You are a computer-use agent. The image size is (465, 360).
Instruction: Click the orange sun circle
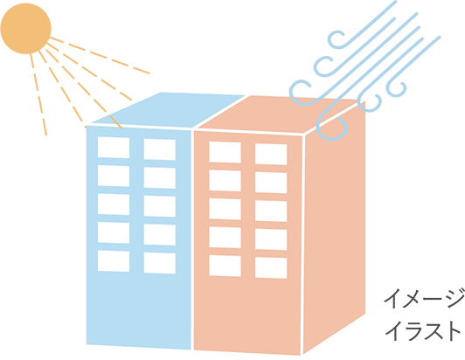[x=26, y=29]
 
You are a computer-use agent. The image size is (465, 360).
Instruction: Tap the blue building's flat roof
[x=168, y=110]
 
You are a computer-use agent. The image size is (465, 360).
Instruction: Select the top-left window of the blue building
[x=114, y=148]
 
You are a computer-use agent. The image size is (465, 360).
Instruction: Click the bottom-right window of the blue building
[x=160, y=263]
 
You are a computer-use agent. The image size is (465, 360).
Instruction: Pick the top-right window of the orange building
[x=271, y=154]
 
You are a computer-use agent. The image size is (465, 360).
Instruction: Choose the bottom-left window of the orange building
[x=225, y=266]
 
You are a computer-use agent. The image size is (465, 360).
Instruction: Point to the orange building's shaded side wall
[x=334, y=228]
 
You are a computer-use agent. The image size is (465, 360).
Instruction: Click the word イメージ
[x=424, y=298]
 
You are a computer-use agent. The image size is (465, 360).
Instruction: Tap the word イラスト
[x=422, y=330]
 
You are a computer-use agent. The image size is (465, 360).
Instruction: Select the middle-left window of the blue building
[x=114, y=204]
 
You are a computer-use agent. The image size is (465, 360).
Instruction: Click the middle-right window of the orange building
[x=271, y=211]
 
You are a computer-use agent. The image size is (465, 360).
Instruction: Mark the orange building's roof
[x=279, y=114]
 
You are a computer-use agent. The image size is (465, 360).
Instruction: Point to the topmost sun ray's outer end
[x=149, y=73]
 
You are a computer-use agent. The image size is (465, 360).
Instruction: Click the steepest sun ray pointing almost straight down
[x=38, y=94]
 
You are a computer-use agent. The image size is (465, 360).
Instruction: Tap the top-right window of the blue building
[x=160, y=149]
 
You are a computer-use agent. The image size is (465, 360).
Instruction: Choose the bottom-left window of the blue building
[x=114, y=261]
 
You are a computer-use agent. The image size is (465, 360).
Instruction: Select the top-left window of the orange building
[x=225, y=152]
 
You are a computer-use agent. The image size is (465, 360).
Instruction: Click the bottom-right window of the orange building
[x=271, y=268]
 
